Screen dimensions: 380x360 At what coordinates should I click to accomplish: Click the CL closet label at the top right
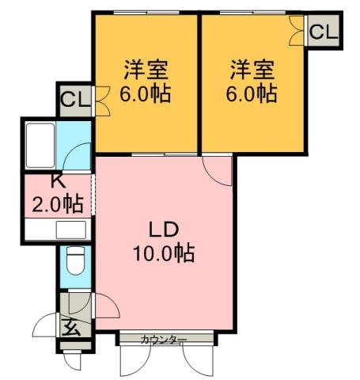click(x=322, y=32)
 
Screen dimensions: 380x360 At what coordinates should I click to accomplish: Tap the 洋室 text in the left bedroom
click(x=146, y=69)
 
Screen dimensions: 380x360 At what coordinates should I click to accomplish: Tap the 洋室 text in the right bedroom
click(x=253, y=69)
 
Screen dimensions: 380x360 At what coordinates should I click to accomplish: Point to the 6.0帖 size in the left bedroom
click(x=146, y=94)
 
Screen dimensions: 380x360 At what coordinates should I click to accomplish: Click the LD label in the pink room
click(x=165, y=230)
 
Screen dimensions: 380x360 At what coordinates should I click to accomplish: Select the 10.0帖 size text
click(x=165, y=255)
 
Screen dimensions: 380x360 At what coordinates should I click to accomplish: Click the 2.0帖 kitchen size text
click(x=57, y=203)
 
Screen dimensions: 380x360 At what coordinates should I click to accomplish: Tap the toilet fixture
click(x=75, y=260)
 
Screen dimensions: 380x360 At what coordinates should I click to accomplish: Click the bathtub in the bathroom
click(x=40, y=142)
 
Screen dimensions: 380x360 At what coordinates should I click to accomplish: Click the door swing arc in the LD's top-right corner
click(x=217, y=169)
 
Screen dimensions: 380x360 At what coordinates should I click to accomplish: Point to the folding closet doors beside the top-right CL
click(x=297, y=31)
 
